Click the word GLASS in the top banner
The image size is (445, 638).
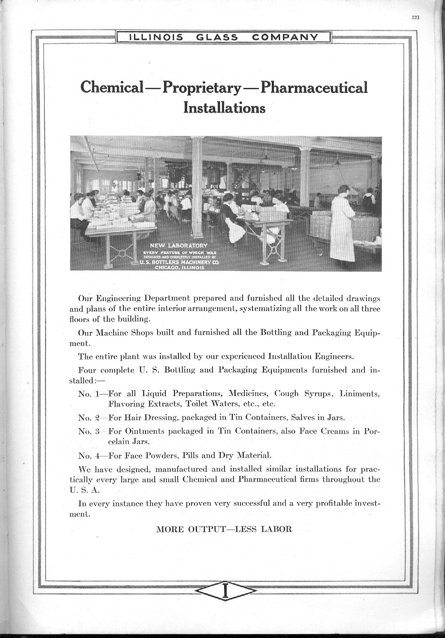pyautogui.click(x=217, y=37)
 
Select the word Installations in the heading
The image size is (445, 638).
pyautogui.click(x=224, y=108)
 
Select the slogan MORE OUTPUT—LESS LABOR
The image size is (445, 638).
pyautogui.click(x=224, y=529)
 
